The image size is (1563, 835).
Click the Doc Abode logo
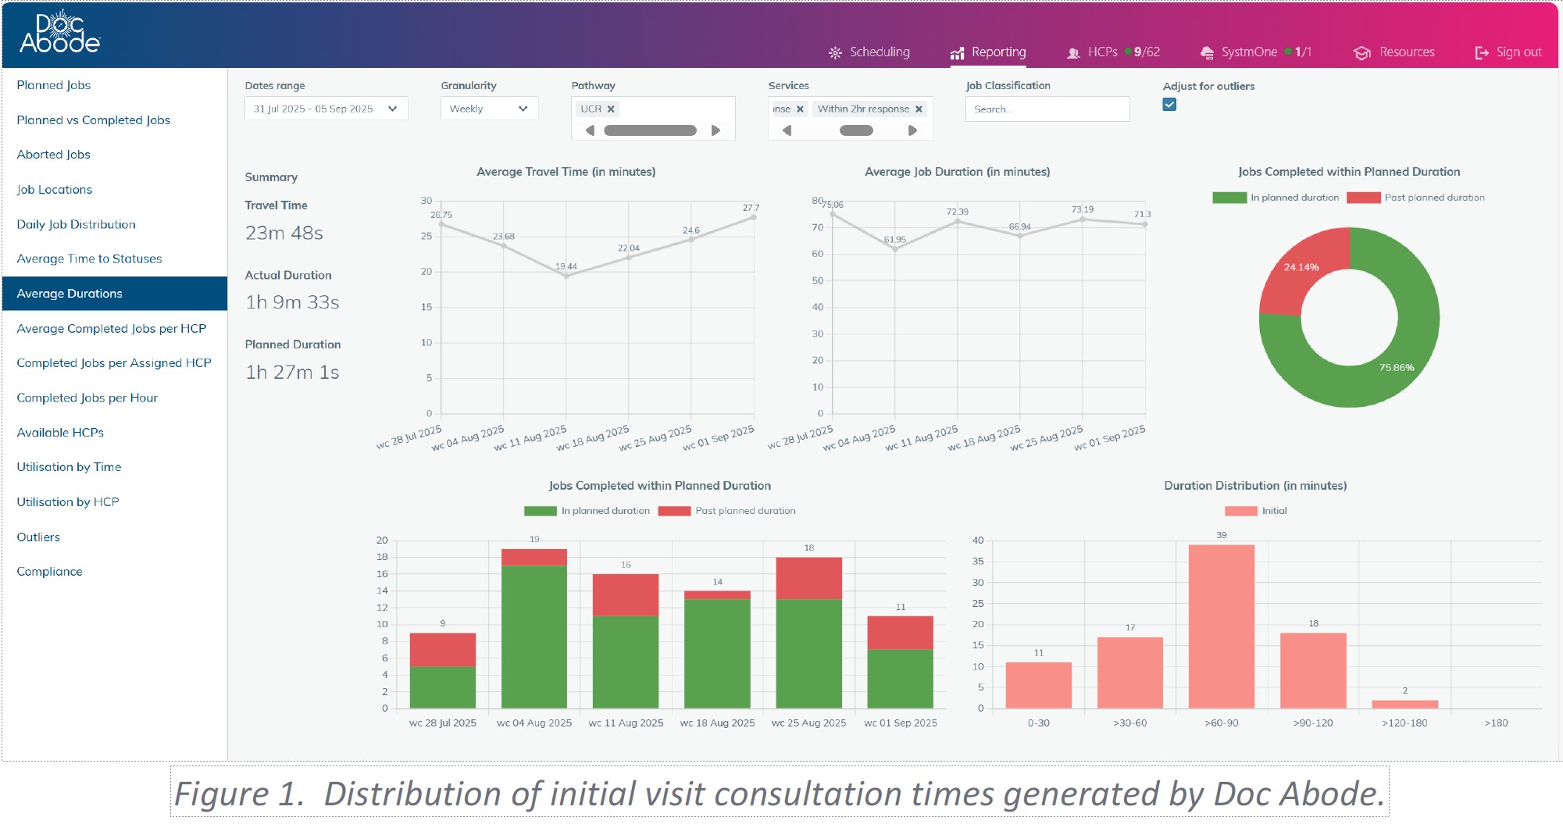(60, 33)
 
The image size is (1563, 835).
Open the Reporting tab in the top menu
(988, 52)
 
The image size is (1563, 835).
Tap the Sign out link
(1508, 52)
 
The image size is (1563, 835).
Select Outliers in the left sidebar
(38, 537)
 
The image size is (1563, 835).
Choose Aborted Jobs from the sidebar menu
(54, 155)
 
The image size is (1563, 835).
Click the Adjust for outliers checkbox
(1169, 105)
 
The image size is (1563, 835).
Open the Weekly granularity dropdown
(490, 109)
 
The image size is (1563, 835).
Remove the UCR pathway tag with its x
(611, 109)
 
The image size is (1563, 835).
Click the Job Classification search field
(1047, 109)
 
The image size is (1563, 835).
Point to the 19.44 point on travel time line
(566, 276)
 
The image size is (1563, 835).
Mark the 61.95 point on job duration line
(895, 249)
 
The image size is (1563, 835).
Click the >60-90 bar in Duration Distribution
(1222, 626)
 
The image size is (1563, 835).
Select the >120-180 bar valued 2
(1405, 705)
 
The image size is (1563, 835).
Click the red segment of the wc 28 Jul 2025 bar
(443, 649)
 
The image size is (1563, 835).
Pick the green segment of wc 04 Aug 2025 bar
(534, 637)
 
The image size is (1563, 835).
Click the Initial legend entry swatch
(1240, 511)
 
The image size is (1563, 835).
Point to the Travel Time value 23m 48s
(284, 233)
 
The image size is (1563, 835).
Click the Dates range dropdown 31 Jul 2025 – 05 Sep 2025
(326, 109)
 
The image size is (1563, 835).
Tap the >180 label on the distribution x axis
(1496, 723)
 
